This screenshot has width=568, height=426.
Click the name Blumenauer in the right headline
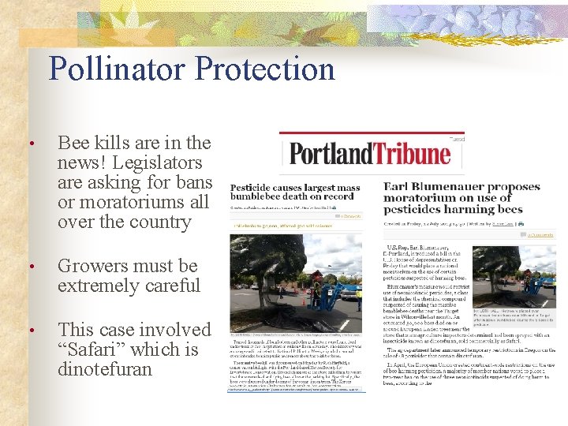443,186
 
